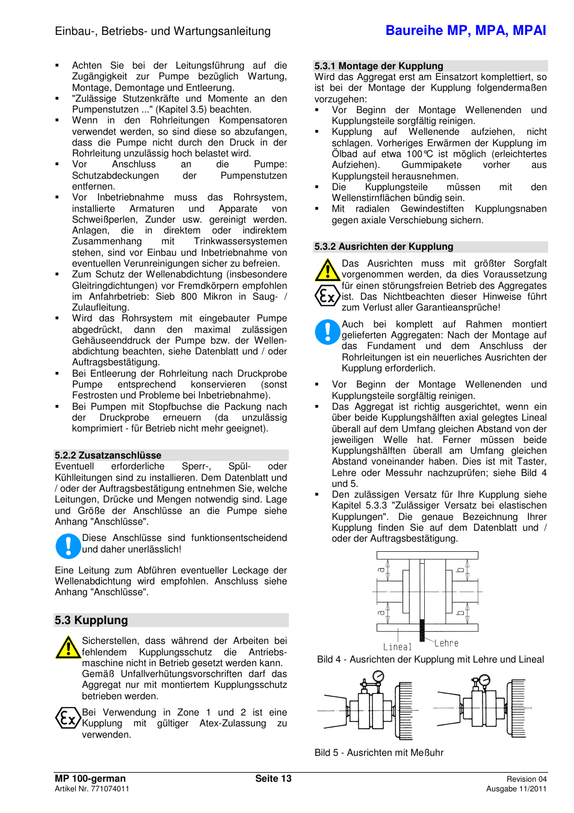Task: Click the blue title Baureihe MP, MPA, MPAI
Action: [465, 31]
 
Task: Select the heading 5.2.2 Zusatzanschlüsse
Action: [108, 456]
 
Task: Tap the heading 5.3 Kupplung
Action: [91, 620]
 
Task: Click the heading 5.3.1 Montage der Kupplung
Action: [378, 66]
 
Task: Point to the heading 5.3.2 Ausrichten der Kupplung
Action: [383, 247]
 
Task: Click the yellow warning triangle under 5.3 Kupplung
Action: [68, 648]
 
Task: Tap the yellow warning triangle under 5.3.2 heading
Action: [327, 270]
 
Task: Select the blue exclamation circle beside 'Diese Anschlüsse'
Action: [68, 546]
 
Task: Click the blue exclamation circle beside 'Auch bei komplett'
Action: [327, 332]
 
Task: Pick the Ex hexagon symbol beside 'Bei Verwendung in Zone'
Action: [68, 718]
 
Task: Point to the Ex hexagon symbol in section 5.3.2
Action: [327, 295]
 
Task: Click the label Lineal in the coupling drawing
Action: [397, 647]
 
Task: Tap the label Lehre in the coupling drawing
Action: [446, 643]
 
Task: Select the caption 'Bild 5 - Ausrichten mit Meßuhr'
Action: [378, 753]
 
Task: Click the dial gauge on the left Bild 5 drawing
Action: [378, 677]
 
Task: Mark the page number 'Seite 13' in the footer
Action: [273, 779]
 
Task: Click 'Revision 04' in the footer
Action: [526, 779]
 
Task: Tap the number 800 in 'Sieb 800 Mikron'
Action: [189, 297]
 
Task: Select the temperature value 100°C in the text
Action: [419, 154]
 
